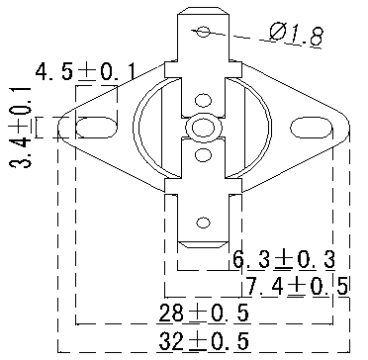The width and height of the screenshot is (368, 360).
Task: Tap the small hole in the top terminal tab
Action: tap(204, 32)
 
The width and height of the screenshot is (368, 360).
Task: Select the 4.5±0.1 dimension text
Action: tap(84, 71)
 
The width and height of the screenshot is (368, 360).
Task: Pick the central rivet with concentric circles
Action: tap(204, 128)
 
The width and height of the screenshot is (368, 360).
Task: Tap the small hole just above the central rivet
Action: tap(204, 99)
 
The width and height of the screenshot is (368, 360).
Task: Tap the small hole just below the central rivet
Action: tap(204, 154)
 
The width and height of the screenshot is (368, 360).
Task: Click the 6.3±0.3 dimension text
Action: tap(283, 260)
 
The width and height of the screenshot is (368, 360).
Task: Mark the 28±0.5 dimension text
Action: tap(203, 314)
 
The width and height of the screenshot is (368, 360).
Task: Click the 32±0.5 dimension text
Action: tap(203, 341)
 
